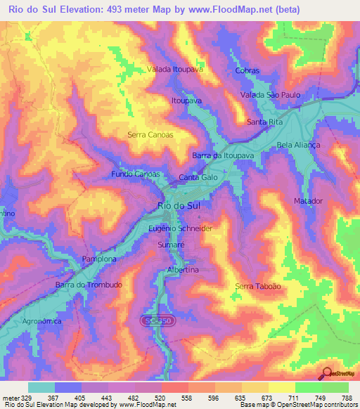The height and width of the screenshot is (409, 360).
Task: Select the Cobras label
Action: coord(249,71)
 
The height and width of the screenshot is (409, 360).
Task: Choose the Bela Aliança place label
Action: coord(299,144)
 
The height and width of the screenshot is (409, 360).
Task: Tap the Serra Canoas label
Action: coord(150,134)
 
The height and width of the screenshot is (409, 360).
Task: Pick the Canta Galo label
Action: coord(198,178)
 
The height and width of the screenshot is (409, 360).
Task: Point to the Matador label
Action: coord(307,201)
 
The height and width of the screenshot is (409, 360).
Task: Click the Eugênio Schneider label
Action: coord(181,229)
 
